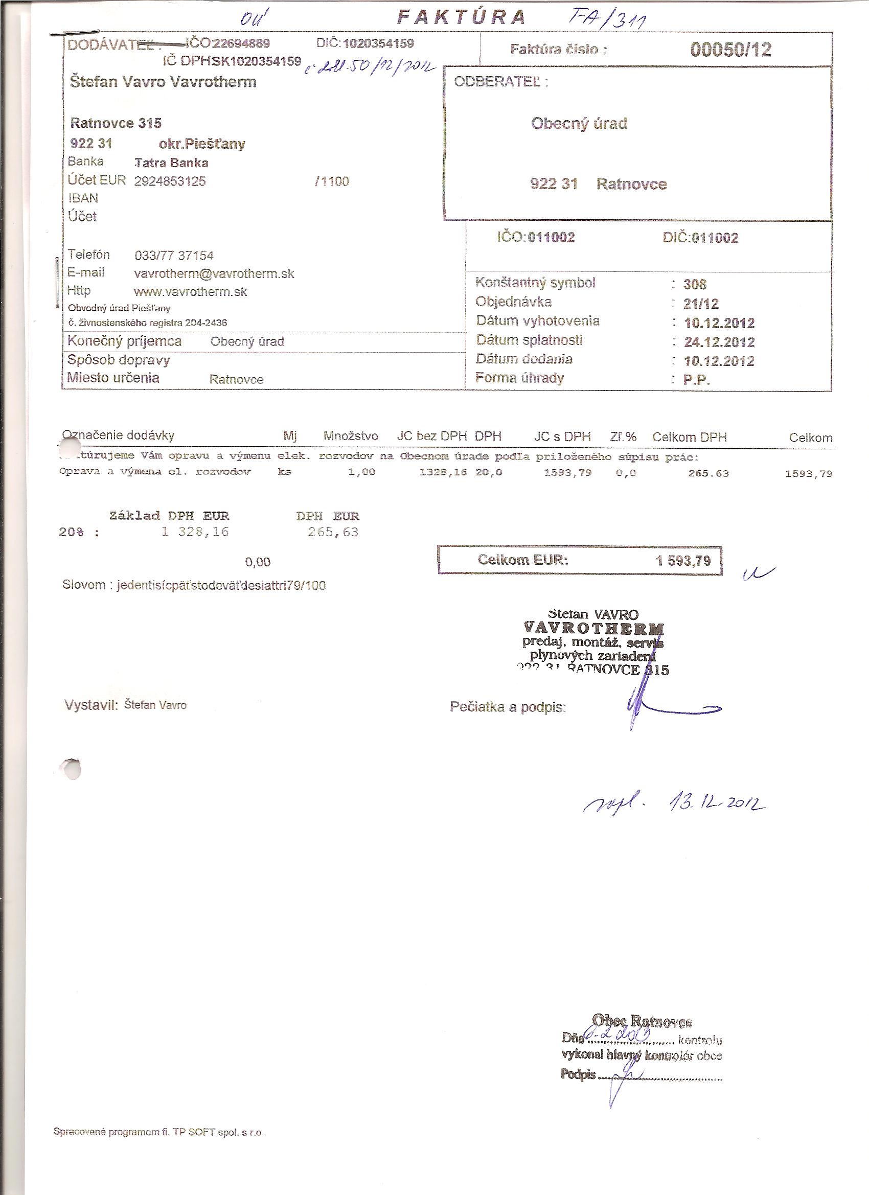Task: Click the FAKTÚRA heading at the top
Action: click(462, 18)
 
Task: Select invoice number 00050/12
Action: click(730, 50)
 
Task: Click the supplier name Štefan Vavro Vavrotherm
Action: click(164, 82)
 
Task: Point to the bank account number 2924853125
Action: click(170, 181)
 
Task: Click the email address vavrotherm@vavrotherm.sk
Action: click(215, 274)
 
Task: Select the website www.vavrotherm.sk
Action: click(191, 292)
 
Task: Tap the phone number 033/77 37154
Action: click(174, 256)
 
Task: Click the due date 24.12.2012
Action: click(719, 342)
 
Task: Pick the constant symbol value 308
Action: click(695, 285)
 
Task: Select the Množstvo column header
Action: click(351, 436)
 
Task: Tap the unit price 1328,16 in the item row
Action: click(443, 473)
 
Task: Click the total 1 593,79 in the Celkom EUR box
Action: click(683, 561)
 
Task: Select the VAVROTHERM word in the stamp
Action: click(594, 628)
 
